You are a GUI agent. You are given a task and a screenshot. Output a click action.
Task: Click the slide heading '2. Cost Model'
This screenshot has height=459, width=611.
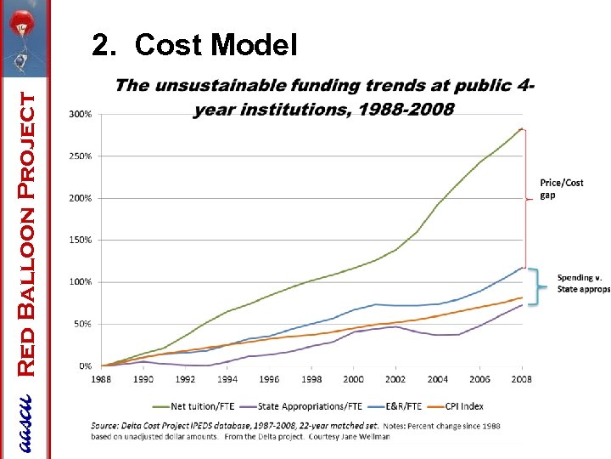click(x=194, y=44)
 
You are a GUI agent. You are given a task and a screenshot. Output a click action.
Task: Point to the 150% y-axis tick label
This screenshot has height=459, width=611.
click(x=81, y=240)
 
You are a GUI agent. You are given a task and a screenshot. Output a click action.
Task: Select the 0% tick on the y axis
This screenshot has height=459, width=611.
click(x=85, y=365)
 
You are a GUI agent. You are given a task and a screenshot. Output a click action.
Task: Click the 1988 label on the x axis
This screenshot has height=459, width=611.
click(x=102, y=379)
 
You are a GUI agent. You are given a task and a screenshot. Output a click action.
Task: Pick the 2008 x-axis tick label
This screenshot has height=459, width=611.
click(x=521, y=379)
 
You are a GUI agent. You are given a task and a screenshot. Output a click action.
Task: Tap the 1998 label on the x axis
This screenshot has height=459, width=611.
click(x=311, y=379)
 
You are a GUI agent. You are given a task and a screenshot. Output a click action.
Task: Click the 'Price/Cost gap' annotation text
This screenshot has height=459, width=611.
click(x=562, y=189)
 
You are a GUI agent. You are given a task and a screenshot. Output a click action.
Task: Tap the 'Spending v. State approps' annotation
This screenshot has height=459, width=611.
click(x=583, y=284)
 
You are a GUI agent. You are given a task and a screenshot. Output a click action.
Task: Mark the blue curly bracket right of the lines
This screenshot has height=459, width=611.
click(x=535, y=286)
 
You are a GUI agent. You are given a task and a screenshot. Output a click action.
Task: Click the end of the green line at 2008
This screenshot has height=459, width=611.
click(x=521, y=129)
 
